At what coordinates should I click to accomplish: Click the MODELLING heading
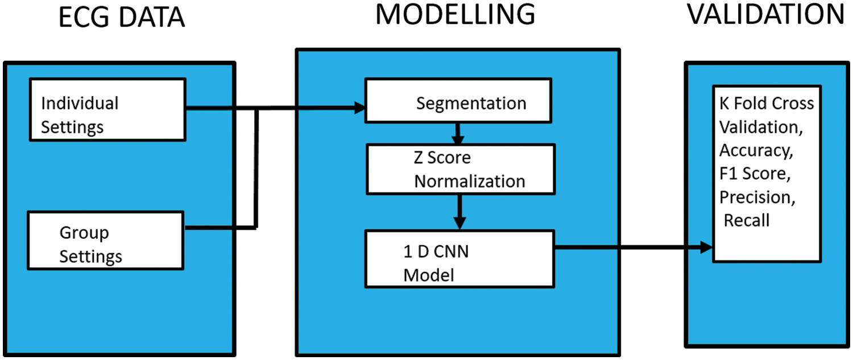pyautogui.click(x=455, y=14)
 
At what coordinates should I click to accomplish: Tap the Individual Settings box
pyautogui.click(x=107, y=109)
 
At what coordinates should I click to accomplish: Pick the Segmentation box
pyautogui.click(x=458, y=101)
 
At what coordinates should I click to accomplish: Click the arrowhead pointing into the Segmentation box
pyautogui.click(x=359, y=107)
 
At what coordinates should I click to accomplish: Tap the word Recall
pyautogui.click(x=747, y=220)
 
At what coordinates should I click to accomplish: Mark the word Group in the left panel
pyautogui.click(x=84, y=233)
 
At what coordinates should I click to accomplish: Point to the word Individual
pyautogui.click(x=80, y=103)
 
